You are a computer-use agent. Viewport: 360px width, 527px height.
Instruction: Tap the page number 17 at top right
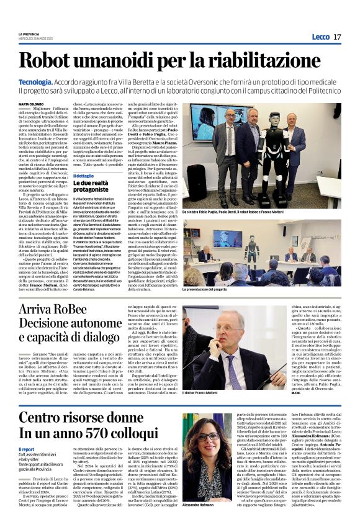(x=337, y=37)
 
